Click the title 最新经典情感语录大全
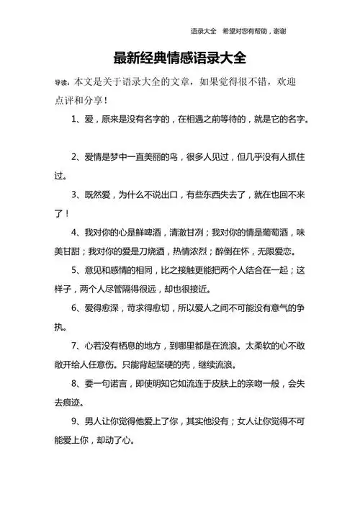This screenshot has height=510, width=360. coord(179,58)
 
